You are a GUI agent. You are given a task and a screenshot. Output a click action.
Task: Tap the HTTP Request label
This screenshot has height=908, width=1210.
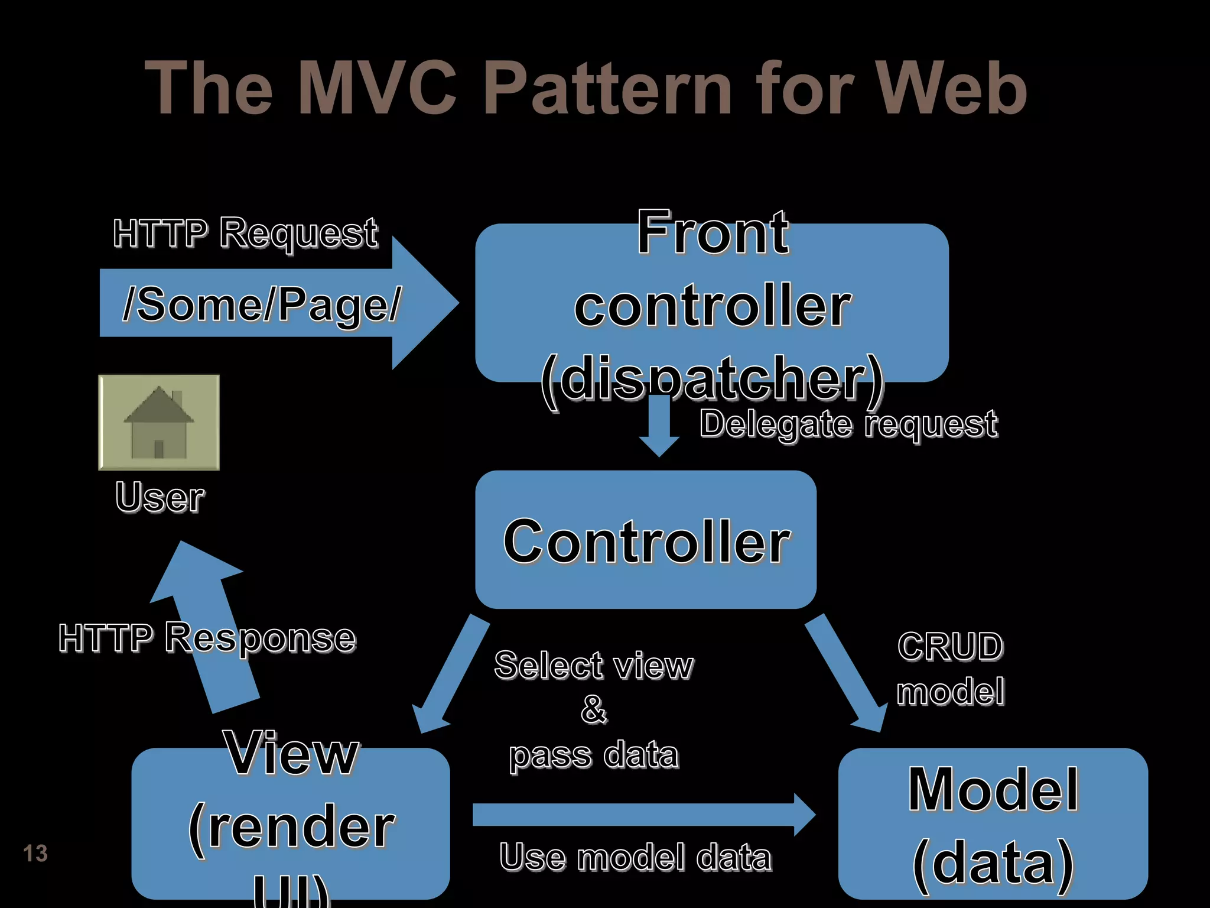pyautogui.click(x=245, y=233)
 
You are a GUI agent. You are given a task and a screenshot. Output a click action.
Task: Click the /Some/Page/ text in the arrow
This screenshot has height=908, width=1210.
pyautogui.click(x=261, y=304)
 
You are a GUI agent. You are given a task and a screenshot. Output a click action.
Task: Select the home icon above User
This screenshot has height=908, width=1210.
pyautogui.click(x=158, y=422)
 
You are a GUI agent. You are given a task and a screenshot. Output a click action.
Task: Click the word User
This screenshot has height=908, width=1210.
pyautogui.click(x=160, y=497)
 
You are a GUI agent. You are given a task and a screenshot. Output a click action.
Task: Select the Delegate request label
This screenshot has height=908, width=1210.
pyautogui.click(x=848, y=424)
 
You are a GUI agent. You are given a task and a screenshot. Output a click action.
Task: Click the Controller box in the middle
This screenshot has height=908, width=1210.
pyautogui.click(x=646, y=540)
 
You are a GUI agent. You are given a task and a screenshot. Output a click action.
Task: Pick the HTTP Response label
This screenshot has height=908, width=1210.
pyautogui.click(x=207, y=638)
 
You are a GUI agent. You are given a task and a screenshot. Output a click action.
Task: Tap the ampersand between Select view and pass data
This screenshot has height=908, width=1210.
pyautogui.click(x=594, y=709)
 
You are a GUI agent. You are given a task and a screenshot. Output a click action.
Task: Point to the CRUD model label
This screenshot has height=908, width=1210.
pyautogui.click(x=950, y=668)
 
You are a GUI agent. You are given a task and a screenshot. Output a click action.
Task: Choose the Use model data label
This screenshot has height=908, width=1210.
pyautogui.click(x=635, y=857)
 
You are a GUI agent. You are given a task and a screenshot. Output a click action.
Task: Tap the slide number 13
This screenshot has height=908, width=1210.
pyautogui.click(x=35, y=854)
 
